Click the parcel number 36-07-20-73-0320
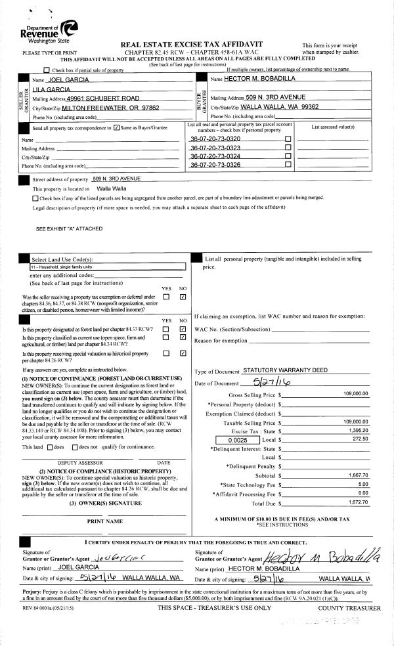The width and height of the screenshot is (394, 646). [x=215, y=139]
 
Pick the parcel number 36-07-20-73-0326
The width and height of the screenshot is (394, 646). [x=215, y=165]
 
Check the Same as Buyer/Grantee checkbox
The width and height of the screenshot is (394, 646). [x=116, y=127]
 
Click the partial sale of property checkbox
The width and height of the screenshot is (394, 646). [x=46, y=70]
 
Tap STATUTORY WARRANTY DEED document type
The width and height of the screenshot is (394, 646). [x=285, y=370]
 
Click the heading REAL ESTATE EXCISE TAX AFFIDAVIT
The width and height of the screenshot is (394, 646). [x=192, y=44]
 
